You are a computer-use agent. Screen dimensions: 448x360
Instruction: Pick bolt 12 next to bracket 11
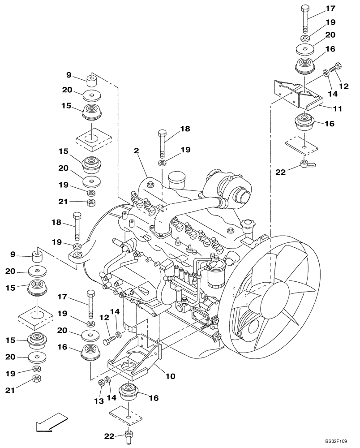pyautogui.click(x=335, y=69)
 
